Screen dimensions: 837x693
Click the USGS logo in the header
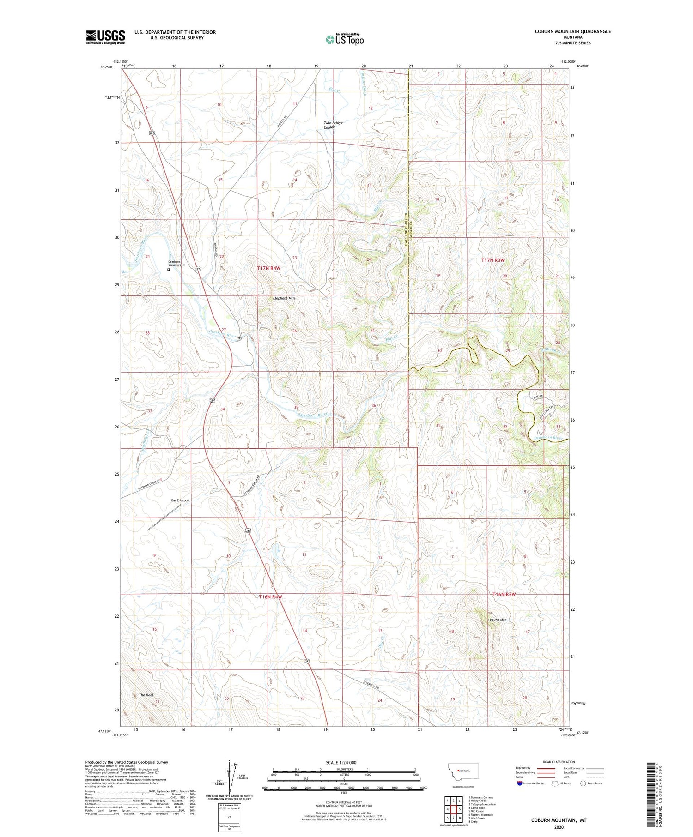coord(105,37)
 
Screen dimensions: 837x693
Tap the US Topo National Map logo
coord(344,39)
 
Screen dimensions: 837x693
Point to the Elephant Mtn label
coord(284,298)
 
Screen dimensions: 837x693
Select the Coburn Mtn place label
coord(497,620)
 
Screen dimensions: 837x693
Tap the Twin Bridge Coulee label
coord(333,125)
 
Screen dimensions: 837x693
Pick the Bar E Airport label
coord(180,500)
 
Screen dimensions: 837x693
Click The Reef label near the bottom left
coord(146,695)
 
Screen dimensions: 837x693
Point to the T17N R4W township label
coord(269,268)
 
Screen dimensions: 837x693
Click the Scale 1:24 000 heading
coord(341,762)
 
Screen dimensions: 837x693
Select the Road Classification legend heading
coord(559,762)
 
